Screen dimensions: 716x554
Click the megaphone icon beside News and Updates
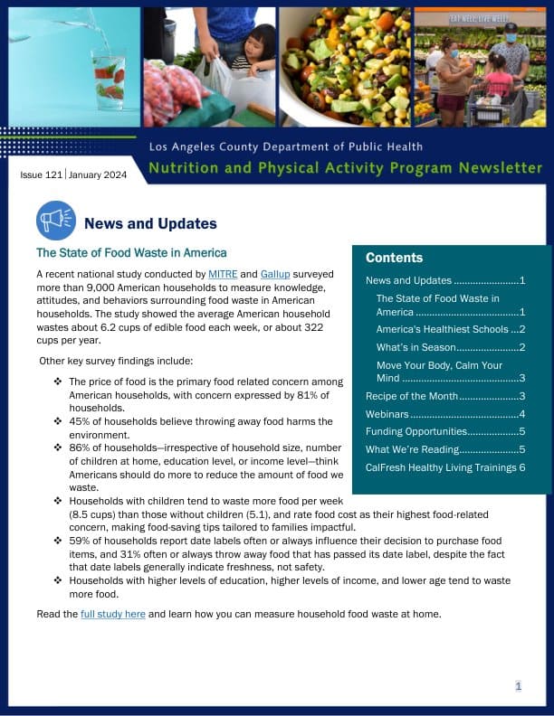pos(56,221)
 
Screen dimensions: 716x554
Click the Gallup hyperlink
pos(275,273)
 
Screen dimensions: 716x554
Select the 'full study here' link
pos(113,614)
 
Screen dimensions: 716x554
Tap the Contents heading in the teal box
pos(394,258)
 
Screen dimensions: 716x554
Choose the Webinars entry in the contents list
pos(388,413)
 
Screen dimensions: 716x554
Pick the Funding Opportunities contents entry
pos(416,431)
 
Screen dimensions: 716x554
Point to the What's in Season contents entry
pos(415,347)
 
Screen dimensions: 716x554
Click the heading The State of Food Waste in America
pos(131,253)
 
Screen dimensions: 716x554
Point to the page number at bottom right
pos(519,686)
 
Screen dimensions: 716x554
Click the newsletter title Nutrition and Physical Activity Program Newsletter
pos(345,168)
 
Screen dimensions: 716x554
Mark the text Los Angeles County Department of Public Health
pos(285,146)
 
